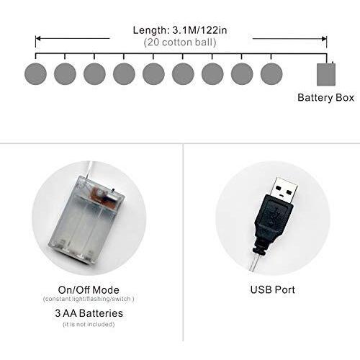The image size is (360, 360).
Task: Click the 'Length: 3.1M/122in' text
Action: (x=180, y=30)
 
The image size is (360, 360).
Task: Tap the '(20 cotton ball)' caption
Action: (x=180, y=42)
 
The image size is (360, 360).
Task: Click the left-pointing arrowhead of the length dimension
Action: (x=38, y=38)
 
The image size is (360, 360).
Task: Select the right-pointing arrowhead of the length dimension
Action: (x=324, y=39)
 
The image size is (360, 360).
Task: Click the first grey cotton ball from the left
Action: (x=35, y=73)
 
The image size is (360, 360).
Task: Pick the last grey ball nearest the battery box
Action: (x=271, y=73)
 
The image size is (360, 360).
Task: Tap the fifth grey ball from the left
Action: (x=153, y=73)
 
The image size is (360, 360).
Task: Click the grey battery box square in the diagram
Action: (x=326, y=74)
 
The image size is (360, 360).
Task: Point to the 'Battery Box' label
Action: (x=325, y=98)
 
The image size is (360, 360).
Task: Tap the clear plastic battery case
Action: (x=88, y=220)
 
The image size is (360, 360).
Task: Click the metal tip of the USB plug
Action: (x=285, y=188)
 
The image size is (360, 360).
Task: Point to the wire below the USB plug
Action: (x=253, y=263)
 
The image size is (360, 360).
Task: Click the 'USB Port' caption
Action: (x=273, y=289)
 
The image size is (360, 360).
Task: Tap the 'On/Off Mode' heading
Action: (x=89, y=290)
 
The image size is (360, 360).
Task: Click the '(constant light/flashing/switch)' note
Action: (x=89, y=299)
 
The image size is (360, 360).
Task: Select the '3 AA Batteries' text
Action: (x=89, y=313)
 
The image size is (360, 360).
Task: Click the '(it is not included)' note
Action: (x=89, y=324)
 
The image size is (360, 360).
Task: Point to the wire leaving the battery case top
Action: (x=89, y=169)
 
